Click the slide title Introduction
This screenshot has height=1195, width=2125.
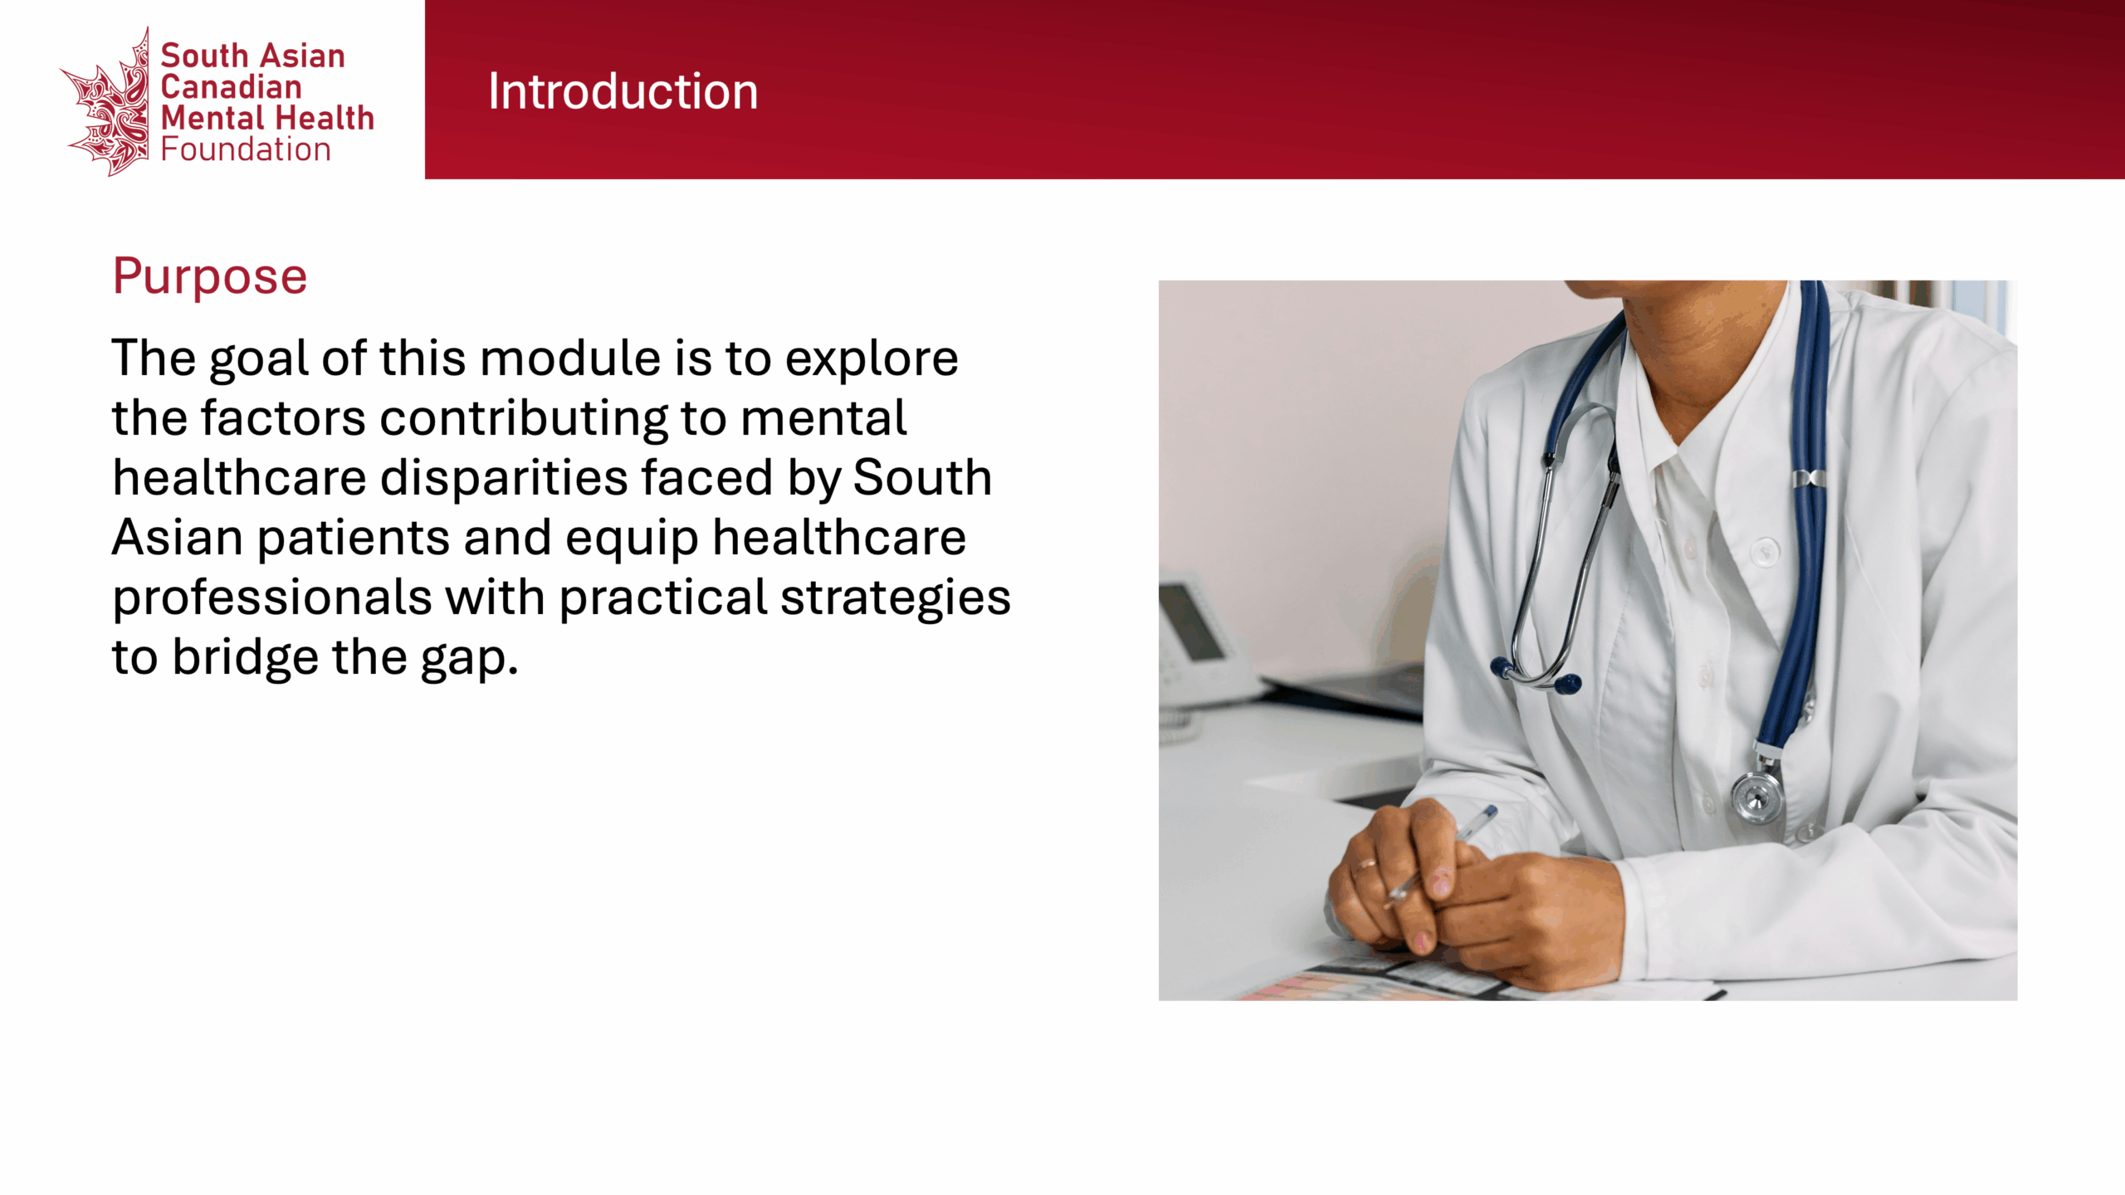(x=623, y=91)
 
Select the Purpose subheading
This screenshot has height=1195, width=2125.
(x=210, y=277)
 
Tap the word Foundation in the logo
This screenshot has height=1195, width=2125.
(x=246, y=149)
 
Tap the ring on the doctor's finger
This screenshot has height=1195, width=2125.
(x=1365, y=866)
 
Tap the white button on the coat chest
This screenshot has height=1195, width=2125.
(x=1765, y=550)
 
